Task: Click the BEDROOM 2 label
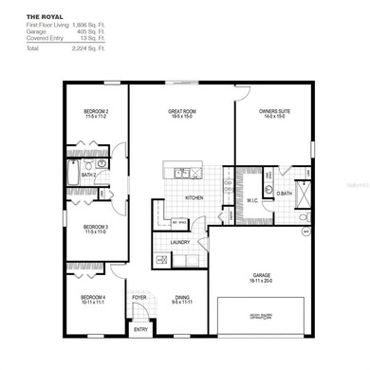(96, 111)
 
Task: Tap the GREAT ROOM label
(181, 111)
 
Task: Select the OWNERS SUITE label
(273, 111)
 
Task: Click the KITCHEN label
(194, 197)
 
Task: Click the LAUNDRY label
(180, 242)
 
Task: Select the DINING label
(181, 297)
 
